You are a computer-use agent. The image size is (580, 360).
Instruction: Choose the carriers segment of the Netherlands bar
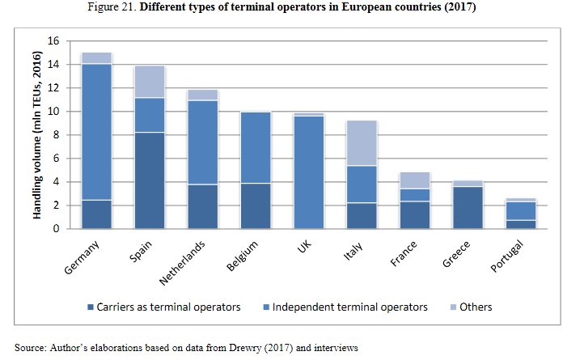click(202, 206)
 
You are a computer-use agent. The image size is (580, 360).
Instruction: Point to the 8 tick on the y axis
click(55, 135)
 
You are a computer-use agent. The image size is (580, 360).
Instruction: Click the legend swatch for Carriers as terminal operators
click(89, 307)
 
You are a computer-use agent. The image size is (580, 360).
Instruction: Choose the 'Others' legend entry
click(476, 307)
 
